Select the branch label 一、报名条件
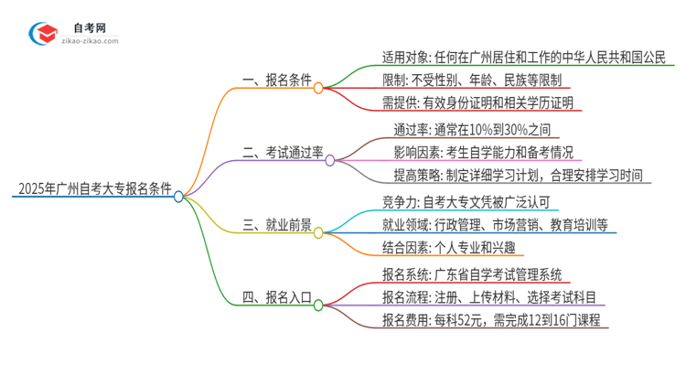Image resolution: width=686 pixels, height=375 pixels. click(x=273, y=82)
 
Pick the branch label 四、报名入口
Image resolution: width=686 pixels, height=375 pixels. click(x=273, y=298)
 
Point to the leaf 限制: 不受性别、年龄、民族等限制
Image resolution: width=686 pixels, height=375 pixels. click(x=471, y=80)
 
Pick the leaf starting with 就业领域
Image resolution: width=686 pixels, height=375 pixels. click(x=495, y=224)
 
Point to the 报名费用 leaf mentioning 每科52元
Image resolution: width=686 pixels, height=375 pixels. click(x=490, y=320)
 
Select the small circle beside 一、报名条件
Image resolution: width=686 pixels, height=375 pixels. click(x=317, y=89)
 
